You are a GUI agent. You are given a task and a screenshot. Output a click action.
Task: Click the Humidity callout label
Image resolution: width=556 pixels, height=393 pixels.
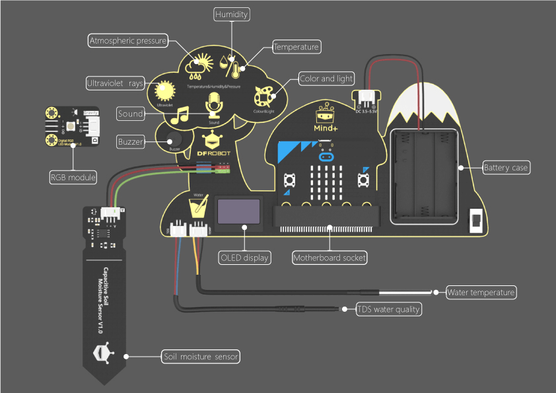click(232, 14)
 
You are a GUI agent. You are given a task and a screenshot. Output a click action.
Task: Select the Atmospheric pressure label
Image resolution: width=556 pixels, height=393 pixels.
click(128, 41)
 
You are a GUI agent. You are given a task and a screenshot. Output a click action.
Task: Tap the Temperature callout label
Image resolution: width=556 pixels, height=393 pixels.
click(296, 46)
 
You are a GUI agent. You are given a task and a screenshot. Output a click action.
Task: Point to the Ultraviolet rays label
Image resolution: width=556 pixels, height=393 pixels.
click(115, 83)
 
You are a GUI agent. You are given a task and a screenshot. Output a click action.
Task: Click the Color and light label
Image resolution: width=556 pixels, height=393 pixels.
click(326, 79)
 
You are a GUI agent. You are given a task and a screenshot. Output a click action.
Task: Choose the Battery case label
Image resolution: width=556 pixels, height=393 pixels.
click(506, 168)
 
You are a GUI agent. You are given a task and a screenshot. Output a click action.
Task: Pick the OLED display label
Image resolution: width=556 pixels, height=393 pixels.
click(245, 257)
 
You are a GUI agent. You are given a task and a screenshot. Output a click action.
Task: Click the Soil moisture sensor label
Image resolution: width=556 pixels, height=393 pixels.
click(201, 357)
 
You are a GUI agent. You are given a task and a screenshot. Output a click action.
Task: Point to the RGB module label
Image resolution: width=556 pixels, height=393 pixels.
click(73, 177)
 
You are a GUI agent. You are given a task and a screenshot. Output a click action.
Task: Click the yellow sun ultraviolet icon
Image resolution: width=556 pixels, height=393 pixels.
click(164, 90)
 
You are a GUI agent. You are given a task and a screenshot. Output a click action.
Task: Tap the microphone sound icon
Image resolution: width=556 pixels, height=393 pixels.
click(213, 104)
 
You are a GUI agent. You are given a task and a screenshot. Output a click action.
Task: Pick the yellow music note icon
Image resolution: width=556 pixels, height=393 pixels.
click(180, 116)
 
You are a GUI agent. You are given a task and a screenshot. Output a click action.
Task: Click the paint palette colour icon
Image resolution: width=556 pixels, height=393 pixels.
click(265, 98)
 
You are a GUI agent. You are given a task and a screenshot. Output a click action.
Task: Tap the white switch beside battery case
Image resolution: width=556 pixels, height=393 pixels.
click(475, 221)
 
